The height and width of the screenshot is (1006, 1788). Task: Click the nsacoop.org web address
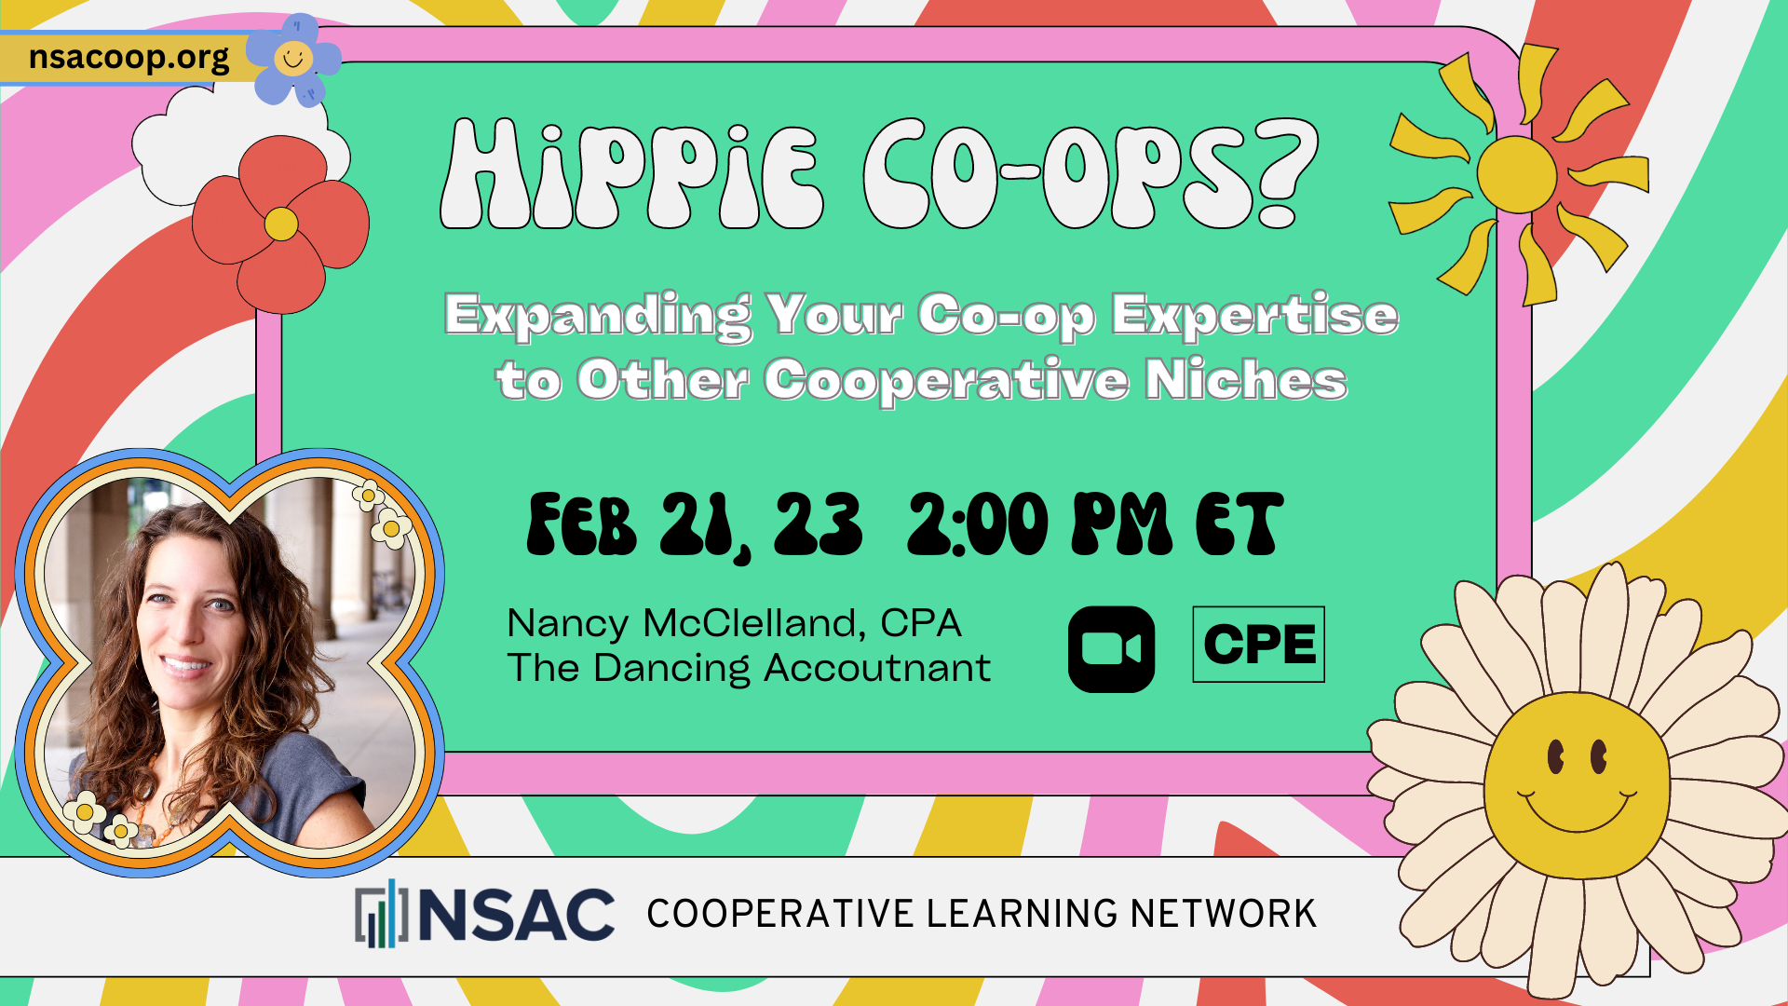click(129, 58)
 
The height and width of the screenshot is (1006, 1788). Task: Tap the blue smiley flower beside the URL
click(294, 59)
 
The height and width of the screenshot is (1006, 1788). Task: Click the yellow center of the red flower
click(281, 224)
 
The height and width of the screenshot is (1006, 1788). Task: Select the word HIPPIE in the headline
click(632, 174)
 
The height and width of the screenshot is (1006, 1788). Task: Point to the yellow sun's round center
click(1517, 175)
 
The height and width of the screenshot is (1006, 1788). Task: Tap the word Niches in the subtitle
click(1246, 379)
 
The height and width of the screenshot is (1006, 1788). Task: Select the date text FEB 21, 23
click(695, 525)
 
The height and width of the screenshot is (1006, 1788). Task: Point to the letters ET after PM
click(1239, 524)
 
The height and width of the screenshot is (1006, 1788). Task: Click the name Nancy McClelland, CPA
click(734, 623)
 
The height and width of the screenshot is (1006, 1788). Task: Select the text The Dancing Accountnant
click(749, 669)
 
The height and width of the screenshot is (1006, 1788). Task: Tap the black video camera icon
click(1111, 649)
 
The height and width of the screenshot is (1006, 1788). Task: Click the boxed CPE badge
click(1259, 645)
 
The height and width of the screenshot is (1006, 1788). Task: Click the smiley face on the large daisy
click(1577, 785)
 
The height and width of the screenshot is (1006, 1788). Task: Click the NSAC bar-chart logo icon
click(381, 914)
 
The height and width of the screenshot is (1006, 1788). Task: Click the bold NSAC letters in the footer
click(517, 914)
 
